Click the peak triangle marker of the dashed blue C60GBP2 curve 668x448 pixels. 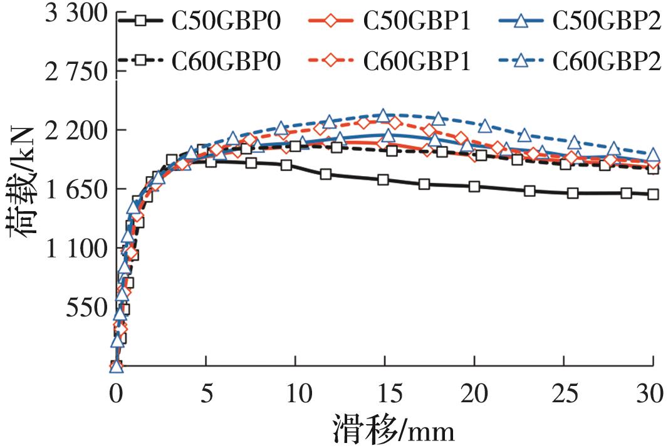pos(383,116)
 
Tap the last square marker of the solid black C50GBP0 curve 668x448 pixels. pos(652,194)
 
